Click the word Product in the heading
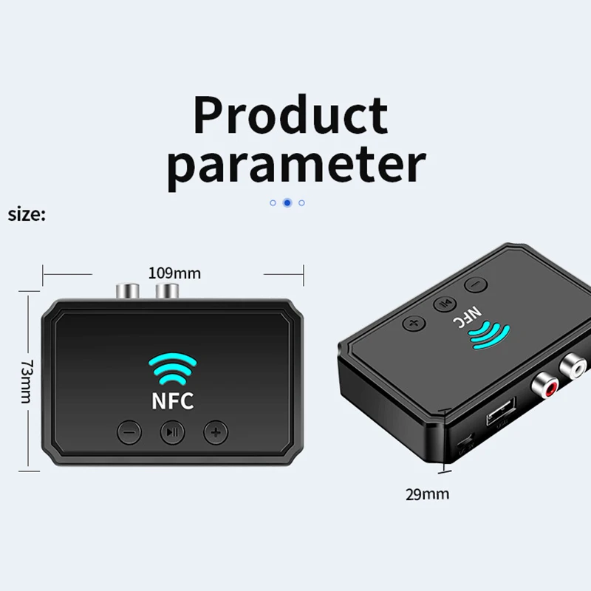point(290,115)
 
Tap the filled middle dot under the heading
point(287,202)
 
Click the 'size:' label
point(27,215)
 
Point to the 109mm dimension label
point(174,273)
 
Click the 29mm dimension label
point(427,494)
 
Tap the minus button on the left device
point(129,431)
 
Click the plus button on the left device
point(216,431)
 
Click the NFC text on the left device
point(173,401)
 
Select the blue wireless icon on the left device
point(173,367)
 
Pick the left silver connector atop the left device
point(123,290)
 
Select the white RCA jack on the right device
point(572,363)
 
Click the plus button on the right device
point(413,323)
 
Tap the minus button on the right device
point(474,283)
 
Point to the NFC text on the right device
point(460,317)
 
